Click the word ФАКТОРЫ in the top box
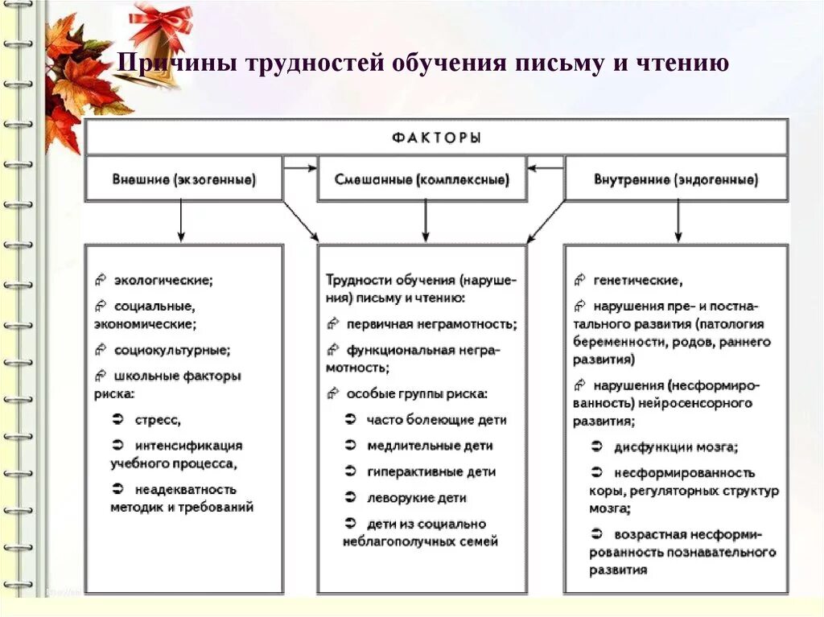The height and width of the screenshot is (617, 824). pyautogui.click(x=437, y=138)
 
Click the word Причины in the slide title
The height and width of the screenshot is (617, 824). pyautogui.click(x=166, y=64)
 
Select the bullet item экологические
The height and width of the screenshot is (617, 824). pyautogui.click(x=163, y=280)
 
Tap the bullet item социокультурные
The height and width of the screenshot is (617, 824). pyautogui.click(x=171, y=350)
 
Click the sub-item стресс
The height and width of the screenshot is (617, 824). pyautogui.click(x=157, y=419)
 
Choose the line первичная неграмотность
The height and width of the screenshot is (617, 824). pyautogui.click(x=431, y=323)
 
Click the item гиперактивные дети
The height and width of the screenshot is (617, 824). pyautogui.click(x=431, y=471)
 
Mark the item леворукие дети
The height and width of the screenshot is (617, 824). pyautogui.click(x=416, y=498)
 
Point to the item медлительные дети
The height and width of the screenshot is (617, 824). pyautogui.click(x=430, y=445)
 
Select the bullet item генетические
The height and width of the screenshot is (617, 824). pyautogui.click(x=637, y=280)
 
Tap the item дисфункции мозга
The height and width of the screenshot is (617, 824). pyautogui.click(x=675, y=446)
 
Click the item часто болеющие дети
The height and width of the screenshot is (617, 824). pyautogui.click(x=436, y=419)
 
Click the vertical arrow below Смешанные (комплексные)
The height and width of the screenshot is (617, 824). pyautogui.click(x=425, y=220)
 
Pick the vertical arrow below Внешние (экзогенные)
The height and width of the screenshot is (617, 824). pyautogui.click(x=182, y=220)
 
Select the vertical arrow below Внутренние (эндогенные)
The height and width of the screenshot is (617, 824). pyautogui.click(x=678, y=220)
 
